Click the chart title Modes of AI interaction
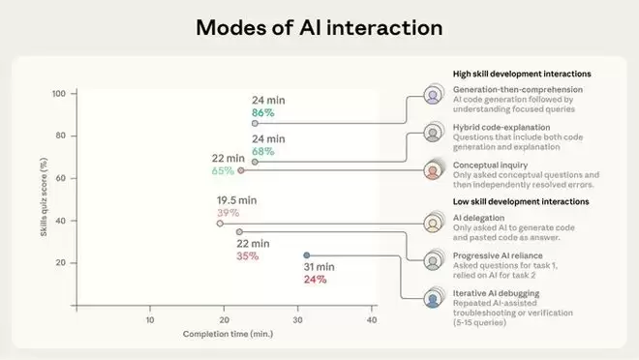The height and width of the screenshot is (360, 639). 319,28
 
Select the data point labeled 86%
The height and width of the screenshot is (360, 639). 255,123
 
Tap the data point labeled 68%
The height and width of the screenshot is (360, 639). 255,162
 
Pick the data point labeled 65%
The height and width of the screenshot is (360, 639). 241,170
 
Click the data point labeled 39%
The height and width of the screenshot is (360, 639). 220,224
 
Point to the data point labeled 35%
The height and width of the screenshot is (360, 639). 239,231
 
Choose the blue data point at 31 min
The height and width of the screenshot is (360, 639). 307,255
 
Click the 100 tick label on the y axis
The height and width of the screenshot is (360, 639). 59,94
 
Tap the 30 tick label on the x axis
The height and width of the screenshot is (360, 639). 297,320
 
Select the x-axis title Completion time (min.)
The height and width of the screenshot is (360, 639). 228,334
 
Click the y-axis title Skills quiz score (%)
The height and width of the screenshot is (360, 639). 44,197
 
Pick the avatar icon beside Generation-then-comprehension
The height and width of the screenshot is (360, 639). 433,95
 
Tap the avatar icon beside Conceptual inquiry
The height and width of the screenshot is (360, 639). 433,170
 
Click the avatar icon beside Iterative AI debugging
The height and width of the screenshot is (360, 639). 433,299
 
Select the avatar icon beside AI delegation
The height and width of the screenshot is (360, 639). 433,224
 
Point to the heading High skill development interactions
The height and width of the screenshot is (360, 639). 522,74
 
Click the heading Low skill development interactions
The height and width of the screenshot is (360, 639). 521,201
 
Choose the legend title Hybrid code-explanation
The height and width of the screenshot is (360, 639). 502,128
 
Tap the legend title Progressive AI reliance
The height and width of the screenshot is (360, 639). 498,255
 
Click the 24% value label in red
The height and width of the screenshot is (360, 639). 315,280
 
